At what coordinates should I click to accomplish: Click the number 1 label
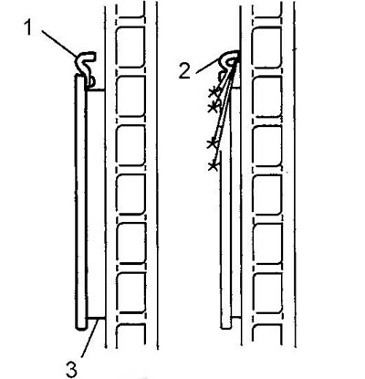click(x=28, y=27)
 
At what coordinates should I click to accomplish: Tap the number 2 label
click(x=184, y=72)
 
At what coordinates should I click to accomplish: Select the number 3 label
click(x=72, y=369)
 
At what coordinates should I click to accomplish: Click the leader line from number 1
click(x=58, y=43)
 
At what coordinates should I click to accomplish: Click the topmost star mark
click(x=214, y=92)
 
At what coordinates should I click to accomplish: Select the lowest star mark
click(x=214, y=166)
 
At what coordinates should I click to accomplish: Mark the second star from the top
click(x=214, y=107)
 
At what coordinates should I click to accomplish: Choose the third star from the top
click(x=212, y=143)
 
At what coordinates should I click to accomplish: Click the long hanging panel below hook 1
click(x=81, y=203)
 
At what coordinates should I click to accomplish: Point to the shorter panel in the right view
click(x=225, y=239)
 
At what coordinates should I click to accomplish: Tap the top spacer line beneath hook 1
click(x=96, y=89)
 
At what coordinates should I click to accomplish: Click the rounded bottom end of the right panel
click(x=225, y=326)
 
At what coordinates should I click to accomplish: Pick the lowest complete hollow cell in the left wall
click(x=130, y=292)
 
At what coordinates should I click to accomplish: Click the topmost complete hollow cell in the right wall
click(x=266, y=47)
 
